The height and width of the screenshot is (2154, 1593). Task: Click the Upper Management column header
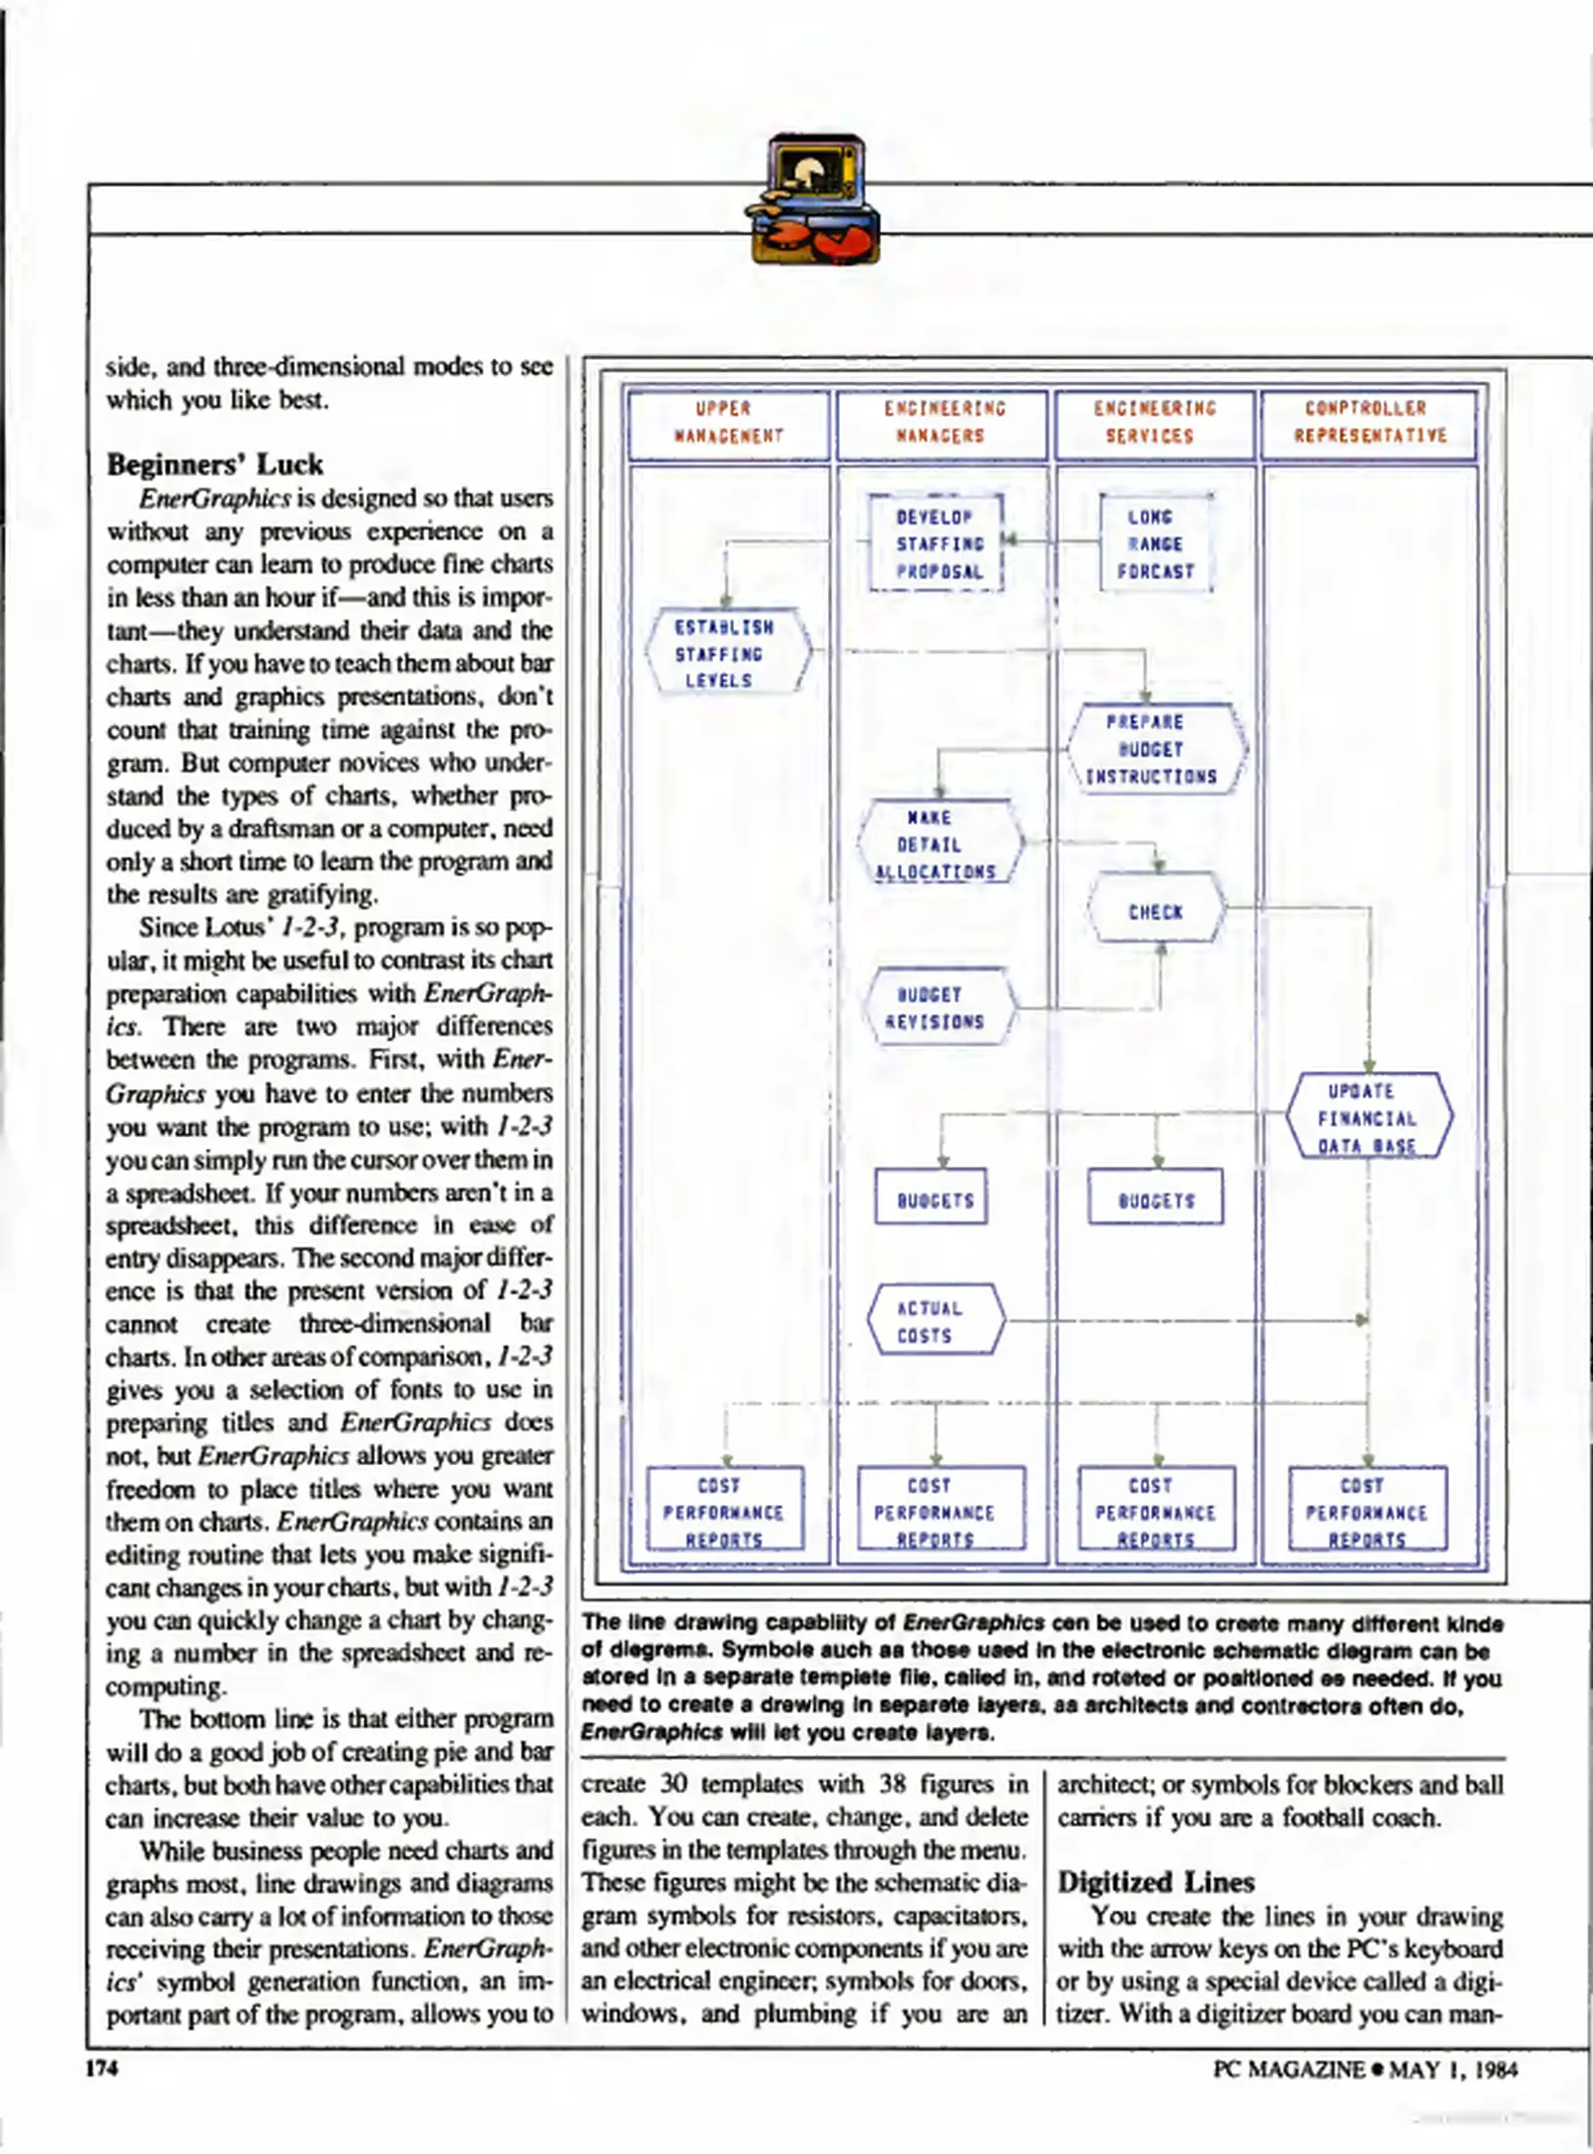[728, 423]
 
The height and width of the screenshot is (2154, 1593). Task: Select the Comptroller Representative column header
[1368, 423]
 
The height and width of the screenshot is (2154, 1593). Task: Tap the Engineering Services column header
[1154, 423]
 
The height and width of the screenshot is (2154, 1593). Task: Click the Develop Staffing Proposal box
[937, 544]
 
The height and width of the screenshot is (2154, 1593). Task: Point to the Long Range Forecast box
[1155, 544]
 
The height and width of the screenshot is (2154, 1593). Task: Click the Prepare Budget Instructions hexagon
[1155, 749]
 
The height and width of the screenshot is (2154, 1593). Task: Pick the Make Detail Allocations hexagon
[938, 844]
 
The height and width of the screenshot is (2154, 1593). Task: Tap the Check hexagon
[1155, 910]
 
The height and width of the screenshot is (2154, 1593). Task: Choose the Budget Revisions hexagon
[939, 1007]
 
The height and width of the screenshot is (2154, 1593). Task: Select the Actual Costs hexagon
[935, 1321]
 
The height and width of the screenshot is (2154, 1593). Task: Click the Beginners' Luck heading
[214, 465]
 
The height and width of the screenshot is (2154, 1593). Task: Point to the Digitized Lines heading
[1155, 1882]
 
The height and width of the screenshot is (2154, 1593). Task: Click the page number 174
[102, 2068]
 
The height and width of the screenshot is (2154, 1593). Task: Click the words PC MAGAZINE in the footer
[1288, 2069]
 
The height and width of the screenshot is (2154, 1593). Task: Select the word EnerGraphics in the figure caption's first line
[974, 1622]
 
